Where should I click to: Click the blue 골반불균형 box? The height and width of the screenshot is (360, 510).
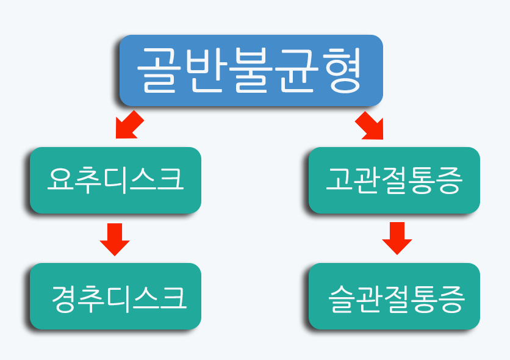click(x=251, y=70)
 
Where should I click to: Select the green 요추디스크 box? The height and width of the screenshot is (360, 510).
click(x=115, y=180)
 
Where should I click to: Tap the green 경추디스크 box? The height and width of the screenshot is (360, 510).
click(x=115, y=297)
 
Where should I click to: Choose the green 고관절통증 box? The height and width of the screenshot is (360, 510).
click(x=394, y=180)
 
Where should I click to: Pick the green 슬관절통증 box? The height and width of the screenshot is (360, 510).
click(x=394, y=297)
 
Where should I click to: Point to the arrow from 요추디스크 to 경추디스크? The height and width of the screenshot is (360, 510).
click(x=115, y=239)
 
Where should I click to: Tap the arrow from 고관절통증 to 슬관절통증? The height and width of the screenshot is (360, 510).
click(x=397, y=239)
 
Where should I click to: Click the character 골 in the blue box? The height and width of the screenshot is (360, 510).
click(x=159, y=70)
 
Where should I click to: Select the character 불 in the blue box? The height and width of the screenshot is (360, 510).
click(x=251, y=70)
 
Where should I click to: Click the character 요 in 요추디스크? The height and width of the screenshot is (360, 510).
click(x=61, y=179)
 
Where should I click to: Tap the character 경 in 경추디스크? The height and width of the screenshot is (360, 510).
click(x=63, y=299)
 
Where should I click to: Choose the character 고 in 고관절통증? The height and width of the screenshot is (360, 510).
click(x=339, y=178)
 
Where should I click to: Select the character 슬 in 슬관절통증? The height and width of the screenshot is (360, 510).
click(x=342, y=299)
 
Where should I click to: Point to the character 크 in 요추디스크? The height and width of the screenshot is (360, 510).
click(x=170, y=179)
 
